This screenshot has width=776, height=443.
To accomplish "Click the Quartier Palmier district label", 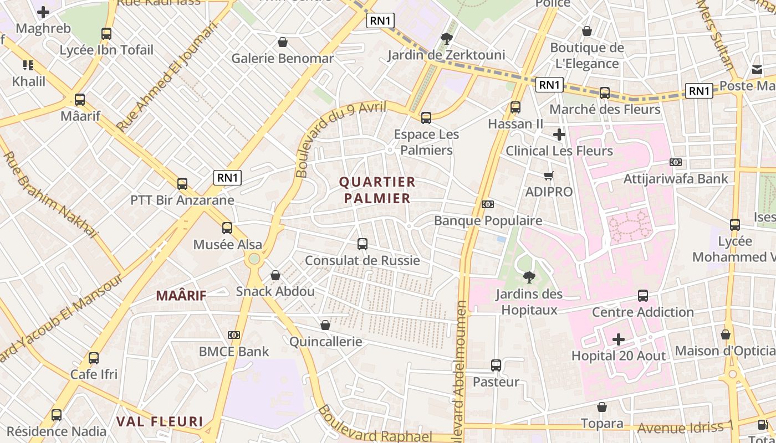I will point(377,190).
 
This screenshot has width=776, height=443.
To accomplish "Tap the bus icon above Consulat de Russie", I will point(363,244).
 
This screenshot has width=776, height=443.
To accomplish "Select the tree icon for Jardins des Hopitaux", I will point(529,277).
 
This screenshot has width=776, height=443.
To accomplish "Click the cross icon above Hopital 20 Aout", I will point(619,339).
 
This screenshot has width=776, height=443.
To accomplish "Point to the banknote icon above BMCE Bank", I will point(234,335).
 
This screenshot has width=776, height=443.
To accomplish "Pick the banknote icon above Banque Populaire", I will point(488,204).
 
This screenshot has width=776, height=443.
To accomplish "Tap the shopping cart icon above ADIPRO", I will point(549,176).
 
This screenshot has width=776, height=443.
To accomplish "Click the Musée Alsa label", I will point(227,244).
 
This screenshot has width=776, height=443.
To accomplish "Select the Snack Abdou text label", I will point(275,291).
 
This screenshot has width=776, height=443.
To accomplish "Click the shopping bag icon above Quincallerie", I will point(325,325).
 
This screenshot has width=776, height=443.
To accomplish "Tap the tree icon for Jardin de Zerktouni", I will point(446,38).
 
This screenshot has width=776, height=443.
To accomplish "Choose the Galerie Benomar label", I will point(283,58).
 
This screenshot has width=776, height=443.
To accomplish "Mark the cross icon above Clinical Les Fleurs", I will point(559,134).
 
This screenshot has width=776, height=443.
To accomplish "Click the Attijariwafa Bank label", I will point(676,179).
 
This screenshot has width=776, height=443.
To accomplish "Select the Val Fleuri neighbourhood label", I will point(160,421).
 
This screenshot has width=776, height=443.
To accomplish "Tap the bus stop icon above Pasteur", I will point(496,365).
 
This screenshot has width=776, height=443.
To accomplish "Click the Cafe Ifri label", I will point(94,374).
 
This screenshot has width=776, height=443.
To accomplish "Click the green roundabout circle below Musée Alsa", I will point(254,259).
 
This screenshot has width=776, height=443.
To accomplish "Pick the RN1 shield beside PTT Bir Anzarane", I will point(228,178).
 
